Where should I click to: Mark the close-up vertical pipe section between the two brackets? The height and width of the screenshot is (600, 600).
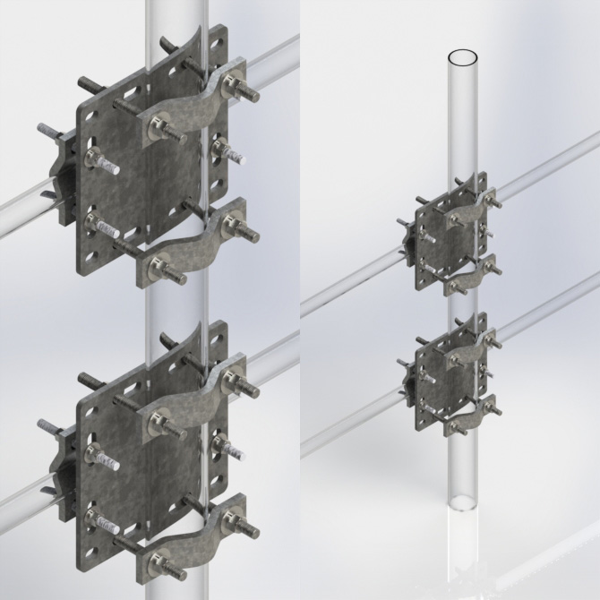point(180,304)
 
